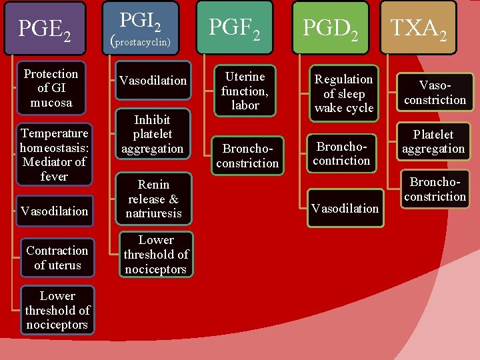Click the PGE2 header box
[x=45, y=28]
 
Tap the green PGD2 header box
[x=332, y=28]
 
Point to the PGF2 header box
[x=235, y=28]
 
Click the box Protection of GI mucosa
[x=51, y=88]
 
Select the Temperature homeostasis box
[x=53, y=155]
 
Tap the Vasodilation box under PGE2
[x=54, y=211]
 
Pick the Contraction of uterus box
[x=57, y=257]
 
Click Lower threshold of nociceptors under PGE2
[x=57, y=310]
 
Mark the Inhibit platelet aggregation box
[x=153, y=134]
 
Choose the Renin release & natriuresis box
[x=153, y=199]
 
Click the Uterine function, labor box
[x=245, y=91]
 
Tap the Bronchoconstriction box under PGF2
[x=247, y=155]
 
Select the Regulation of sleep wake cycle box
[x=343, y=93]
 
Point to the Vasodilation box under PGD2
[x=345, y=208]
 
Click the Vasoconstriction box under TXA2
[x=433, y=93]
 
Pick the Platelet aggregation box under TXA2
[x=433, y=141]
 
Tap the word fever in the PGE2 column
[x=54, y=177]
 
